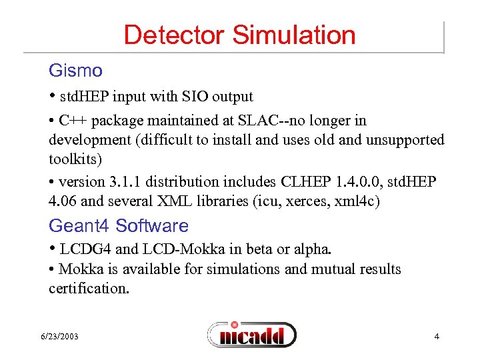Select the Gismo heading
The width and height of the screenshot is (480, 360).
pyautogui.click(x=75, y=71)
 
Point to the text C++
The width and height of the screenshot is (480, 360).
pyautogui.click(x=71, y=121)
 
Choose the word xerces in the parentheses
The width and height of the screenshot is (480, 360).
pyautogui.click(x=303, y=201)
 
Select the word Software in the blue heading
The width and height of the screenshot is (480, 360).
pyautogui.click(x=152, y=226)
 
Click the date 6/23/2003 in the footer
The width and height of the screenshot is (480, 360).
pyautogui.click(x=59, y=337)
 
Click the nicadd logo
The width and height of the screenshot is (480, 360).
pyautogui.click(x=251, y=334)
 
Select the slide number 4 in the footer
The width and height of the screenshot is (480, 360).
pyautogui.click(x=437, y=337)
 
